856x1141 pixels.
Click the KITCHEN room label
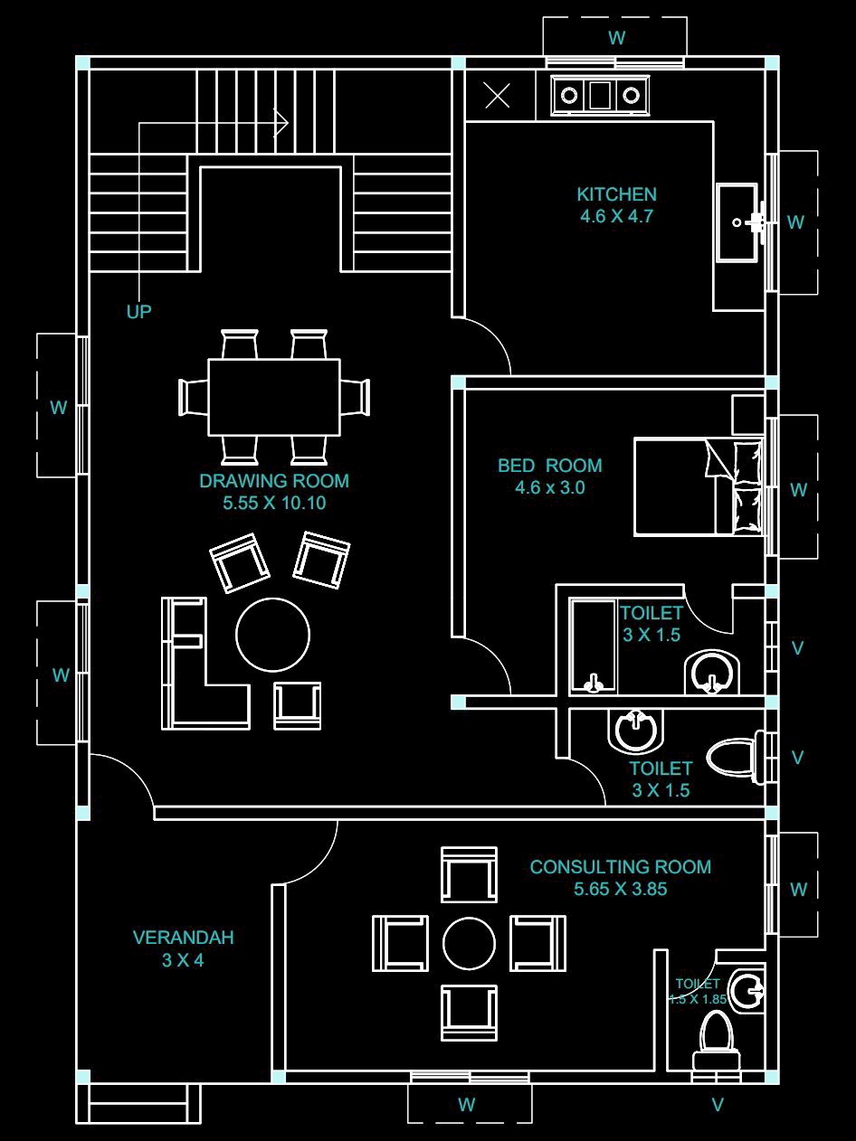616,194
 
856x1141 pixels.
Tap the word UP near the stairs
138,311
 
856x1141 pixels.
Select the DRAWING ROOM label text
274,481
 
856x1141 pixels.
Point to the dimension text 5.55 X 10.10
274,503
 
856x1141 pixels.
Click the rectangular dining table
274,397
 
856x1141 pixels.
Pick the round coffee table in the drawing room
272,634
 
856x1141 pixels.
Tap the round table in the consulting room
469,944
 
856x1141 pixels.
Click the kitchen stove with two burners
600,96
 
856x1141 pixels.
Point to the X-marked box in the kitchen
498,96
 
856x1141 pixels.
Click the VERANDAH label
183,938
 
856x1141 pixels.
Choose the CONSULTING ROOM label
621,866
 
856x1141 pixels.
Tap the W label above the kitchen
617,38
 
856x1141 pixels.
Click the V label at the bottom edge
718,1104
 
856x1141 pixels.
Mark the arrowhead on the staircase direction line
281,123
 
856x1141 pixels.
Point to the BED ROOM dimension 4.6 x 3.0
549,487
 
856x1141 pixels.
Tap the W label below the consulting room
467,1104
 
